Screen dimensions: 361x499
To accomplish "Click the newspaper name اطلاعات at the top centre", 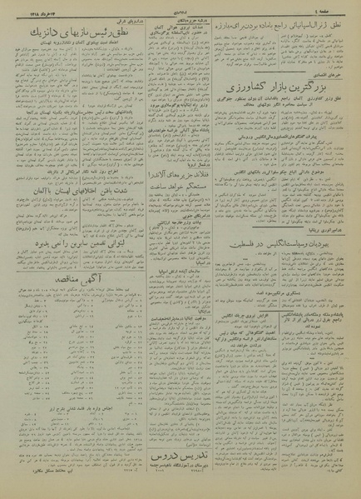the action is pos(180,8).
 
